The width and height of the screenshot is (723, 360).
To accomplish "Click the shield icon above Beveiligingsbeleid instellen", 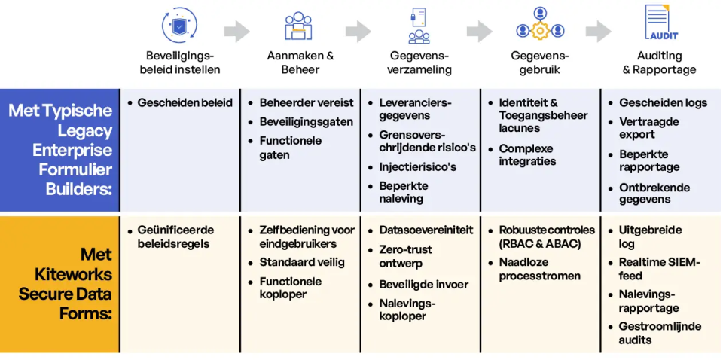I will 179,24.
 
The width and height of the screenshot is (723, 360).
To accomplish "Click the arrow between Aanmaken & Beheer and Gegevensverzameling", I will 358,31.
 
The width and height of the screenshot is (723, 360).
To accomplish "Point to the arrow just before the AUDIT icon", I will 599,31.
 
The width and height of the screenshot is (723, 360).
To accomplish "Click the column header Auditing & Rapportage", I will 659,63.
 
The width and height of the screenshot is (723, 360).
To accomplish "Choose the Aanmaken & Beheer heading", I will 300,63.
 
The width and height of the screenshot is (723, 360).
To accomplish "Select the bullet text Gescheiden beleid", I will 185,102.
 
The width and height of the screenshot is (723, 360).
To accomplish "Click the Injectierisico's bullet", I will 417,166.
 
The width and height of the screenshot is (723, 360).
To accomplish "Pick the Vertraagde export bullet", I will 648,128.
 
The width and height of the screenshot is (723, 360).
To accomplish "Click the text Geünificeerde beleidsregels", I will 175,236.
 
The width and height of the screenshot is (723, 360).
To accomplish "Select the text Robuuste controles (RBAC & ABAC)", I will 546,236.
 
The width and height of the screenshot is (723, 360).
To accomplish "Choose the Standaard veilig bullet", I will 302,262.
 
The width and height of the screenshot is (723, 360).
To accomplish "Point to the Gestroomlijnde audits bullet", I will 660,333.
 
